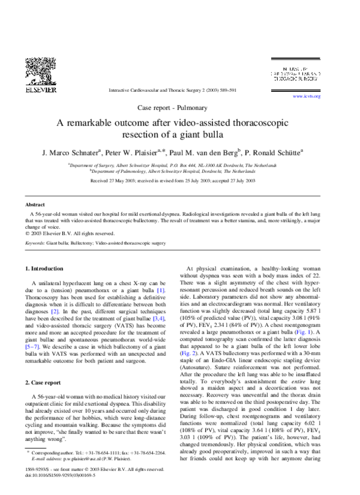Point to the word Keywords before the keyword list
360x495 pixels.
(36, 243)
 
